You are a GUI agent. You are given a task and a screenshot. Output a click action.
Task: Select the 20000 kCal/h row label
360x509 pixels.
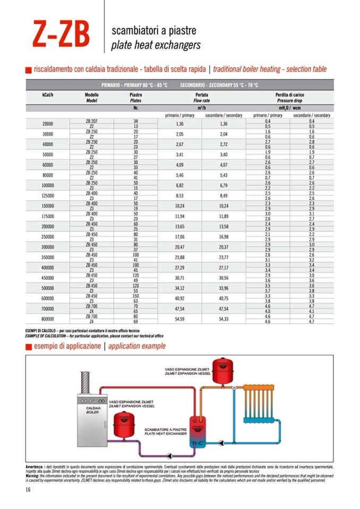[47, 124]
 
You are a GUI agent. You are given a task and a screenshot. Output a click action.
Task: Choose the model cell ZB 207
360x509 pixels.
[91, 121]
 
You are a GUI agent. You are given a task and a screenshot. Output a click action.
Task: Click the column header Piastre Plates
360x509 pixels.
[136, 97]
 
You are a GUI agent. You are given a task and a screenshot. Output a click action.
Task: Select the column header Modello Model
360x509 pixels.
[91, 97]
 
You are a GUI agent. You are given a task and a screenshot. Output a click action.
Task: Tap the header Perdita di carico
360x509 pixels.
[289, 94]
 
